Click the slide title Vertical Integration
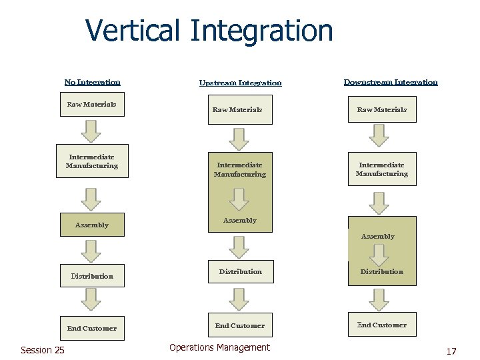(209, 31)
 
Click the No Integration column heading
(93, 82)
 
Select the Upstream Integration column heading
(240, 83)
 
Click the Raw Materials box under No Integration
(92, 105)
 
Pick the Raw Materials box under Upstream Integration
(237, 110)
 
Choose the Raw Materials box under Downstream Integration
(382, 109)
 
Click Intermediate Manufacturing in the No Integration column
(92, 162)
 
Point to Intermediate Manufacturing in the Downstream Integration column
(382, 169)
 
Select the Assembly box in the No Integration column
(92, 225)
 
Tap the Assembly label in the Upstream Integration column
(240, 221)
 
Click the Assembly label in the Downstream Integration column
(378, 237)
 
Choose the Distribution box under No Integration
(92, 275)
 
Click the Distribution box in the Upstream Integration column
(240, 271)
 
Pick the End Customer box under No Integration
(92, 328)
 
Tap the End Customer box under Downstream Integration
(382, 325)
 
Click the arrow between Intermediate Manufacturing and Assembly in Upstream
(239, 198)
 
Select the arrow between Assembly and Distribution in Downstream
(379, 254)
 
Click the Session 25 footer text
(43, 350)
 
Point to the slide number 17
(451, 351)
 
